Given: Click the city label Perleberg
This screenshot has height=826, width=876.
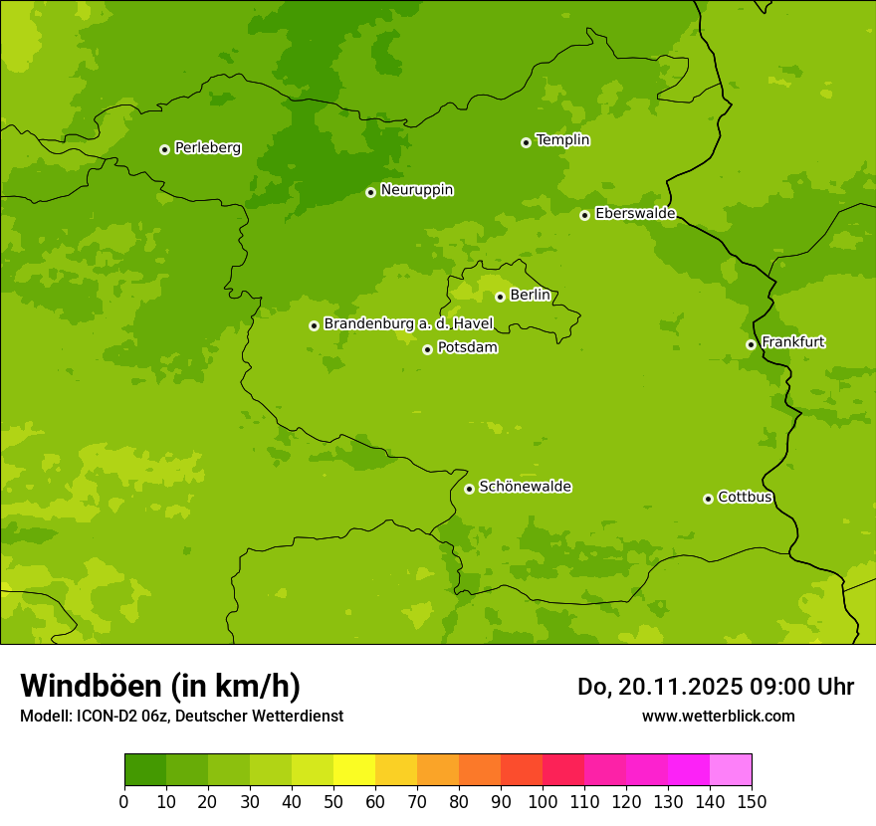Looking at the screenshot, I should pyautogui.click(x=207, y=148).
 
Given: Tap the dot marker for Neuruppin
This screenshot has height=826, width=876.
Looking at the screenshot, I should pyautogui.click(x=370, y=192).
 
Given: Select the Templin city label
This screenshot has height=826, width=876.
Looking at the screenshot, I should pyautogui.click(x=562, y=140).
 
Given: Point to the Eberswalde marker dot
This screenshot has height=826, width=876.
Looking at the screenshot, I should pyautogui.click(x=584, y=215).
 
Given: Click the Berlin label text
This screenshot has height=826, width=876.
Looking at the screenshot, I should pyautogui.click(x=530, y=296).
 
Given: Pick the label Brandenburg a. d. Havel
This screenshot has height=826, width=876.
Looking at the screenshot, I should pyautogui.click(x=408, y=324).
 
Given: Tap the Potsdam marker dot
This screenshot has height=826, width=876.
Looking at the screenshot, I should pyautogui.click(x=427, y=349).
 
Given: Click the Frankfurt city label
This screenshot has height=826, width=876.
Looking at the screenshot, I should pyautogui.click(x=792, y=342).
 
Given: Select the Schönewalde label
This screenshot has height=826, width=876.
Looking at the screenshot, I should pyautogui.click(x=525, y=487).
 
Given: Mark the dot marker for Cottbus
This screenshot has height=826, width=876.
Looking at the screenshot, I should pyautogui.click(x=708, y=499).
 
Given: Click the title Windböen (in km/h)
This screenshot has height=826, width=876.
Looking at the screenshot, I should pyautogui.click(x=160, y=687).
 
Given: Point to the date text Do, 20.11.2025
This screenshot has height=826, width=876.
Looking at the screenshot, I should pyautogui.click(x=660, y=687).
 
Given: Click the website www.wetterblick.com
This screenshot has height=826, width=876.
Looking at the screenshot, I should pyautogui.click(x=718, y=716).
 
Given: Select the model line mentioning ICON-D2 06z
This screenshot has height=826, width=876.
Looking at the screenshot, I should pyautogui.click(x=181, y=716).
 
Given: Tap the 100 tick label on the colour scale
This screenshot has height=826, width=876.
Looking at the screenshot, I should pyautogui.click(x=542, y=801).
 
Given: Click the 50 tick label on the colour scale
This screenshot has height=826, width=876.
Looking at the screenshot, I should pyautogui.click(x=332, y=801).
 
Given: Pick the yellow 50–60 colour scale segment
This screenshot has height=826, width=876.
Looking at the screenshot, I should pyautogui.click(x=353, y=770).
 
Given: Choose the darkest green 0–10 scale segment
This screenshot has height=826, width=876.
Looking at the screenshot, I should pyautogui.click(x=144, y=770).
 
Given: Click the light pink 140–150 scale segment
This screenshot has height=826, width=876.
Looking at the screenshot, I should pyautogui.click(x=730, y=770).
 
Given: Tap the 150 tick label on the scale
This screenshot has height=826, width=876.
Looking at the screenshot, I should pyautogui.click(x=751, y=801).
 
